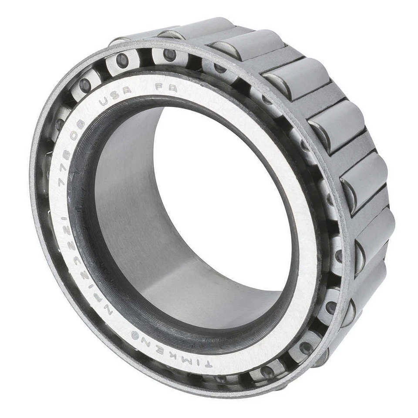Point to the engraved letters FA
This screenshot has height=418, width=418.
[x=166, y=87]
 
